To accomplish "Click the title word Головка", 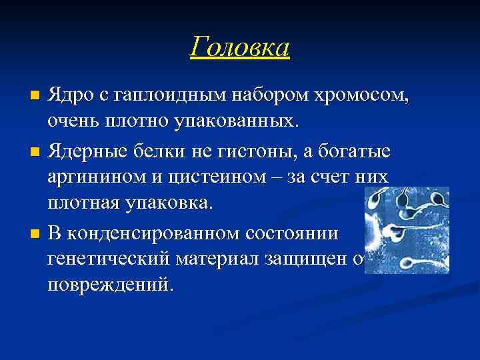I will click(x=239, y=47).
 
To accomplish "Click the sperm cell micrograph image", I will click(x=407, y=230).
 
